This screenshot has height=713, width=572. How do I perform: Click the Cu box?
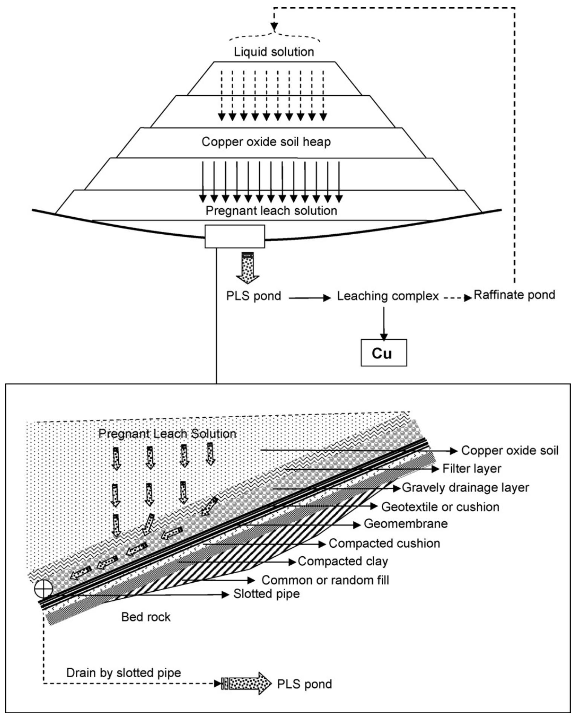[x=384, y=353]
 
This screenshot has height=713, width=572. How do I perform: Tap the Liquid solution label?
[x=274, y=52]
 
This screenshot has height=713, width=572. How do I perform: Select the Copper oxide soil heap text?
[x=266, y=142]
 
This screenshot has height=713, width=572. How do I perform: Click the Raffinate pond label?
[x=514, y=295]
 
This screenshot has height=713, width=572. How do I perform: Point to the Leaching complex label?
[x=388, y=296]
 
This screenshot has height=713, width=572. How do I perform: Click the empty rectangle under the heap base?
[x=235, y=237]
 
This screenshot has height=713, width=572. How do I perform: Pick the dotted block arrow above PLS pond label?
[x=248, y=267]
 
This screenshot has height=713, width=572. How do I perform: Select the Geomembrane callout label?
[x=405, y=524]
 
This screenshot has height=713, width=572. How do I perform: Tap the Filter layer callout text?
[x=471, y=469]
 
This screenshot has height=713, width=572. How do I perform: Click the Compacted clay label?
[x=343, y=561]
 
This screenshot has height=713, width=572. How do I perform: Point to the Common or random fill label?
[x=325, y=580]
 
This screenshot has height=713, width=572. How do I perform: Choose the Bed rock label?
[x=146, y=617]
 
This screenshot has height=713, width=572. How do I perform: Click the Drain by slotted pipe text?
[x=124, y=673]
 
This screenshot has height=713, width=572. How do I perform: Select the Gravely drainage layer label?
[x=465, y=487]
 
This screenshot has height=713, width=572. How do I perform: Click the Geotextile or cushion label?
[x=440, y=507]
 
